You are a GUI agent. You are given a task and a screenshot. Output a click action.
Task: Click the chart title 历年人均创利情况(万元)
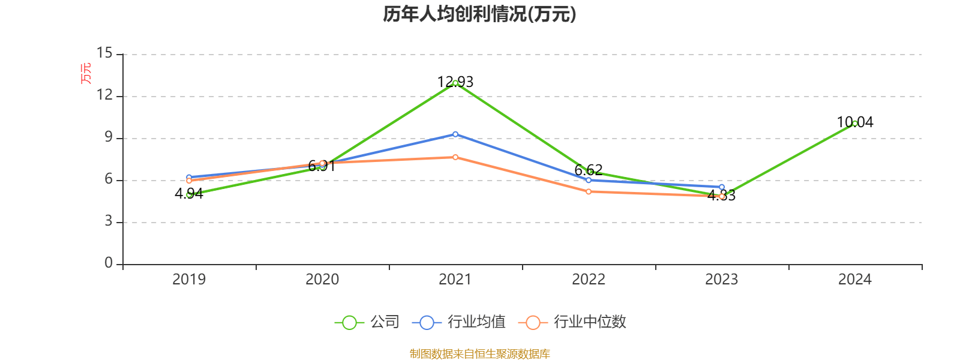coord(479,14)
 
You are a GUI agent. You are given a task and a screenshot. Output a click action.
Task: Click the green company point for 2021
coord(455,83)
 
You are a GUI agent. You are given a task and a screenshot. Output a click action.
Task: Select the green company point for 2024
coord(855,124)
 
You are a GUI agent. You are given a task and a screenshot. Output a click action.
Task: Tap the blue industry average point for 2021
coord(455,134)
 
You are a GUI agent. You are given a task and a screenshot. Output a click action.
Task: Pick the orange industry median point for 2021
coord(455,157)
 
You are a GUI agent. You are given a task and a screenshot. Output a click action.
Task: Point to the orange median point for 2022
coord(589,191)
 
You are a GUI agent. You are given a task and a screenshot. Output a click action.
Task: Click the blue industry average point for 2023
coord(722,187)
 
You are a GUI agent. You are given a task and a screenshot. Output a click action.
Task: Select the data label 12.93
coord(455,82)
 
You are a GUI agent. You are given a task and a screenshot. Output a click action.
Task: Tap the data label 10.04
coord(855,122)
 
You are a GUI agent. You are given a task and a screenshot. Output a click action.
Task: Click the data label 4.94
coord(189,194)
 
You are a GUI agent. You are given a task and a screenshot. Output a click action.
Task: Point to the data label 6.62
coord(589,170)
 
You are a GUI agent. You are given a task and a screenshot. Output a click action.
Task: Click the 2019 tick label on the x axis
coord(189,280)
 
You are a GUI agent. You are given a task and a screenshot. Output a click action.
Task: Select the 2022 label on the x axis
coord(589,280)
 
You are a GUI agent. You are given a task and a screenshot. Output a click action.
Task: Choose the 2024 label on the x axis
coord(855,280)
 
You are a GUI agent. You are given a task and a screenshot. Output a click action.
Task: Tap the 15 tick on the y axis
coord(104,54)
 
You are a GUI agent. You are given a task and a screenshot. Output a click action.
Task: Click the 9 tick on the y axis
coord(109,137)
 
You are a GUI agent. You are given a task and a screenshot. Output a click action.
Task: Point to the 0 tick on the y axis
coord(109,263)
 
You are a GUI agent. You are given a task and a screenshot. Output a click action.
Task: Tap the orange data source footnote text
coord(479,354)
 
